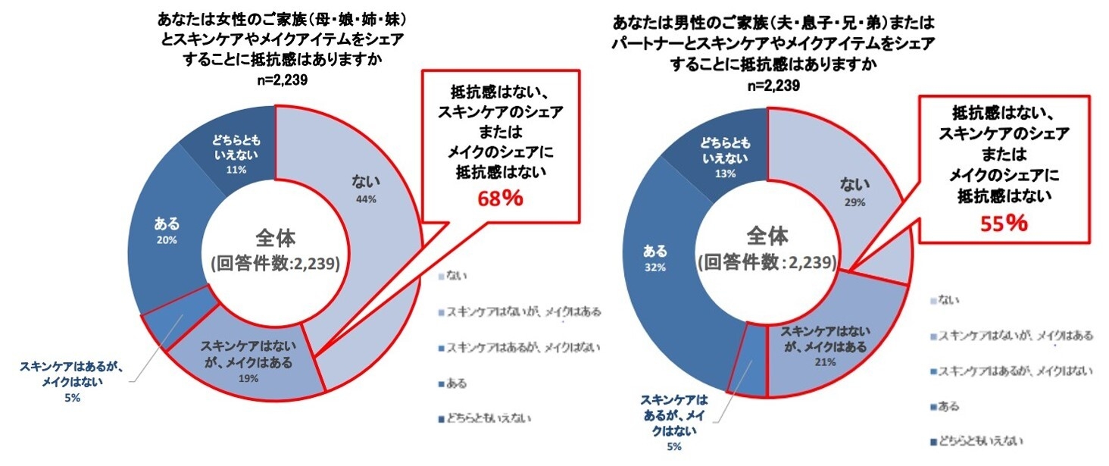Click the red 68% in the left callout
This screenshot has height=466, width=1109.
[500, 199]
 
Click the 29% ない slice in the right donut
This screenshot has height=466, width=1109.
[855, 192]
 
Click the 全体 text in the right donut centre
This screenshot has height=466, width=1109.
[767, 235]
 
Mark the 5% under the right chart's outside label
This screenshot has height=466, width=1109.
[673, 448]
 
